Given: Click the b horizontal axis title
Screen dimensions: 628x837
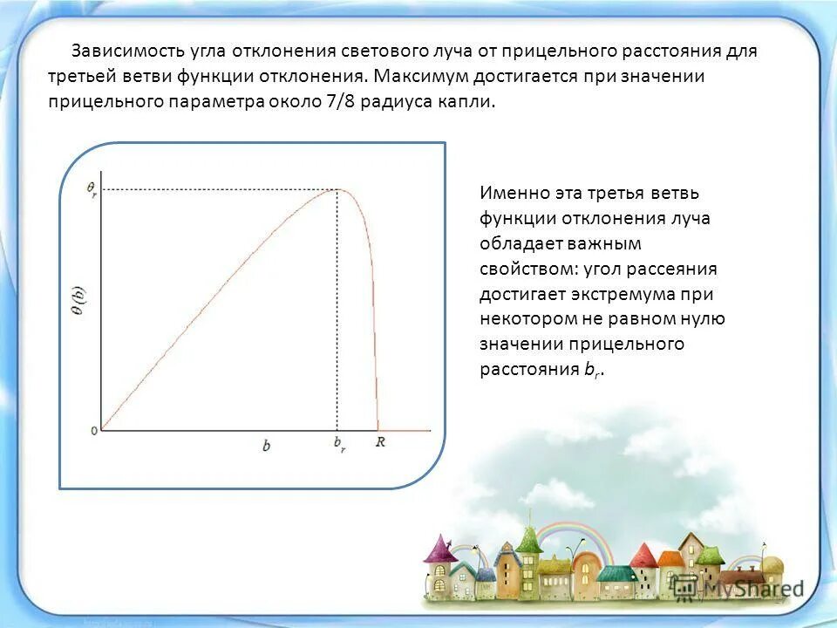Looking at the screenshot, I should click(266, 446).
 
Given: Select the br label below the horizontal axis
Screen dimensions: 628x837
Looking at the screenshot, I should click(339, 445).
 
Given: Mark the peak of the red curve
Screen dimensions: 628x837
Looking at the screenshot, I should click(339, 189).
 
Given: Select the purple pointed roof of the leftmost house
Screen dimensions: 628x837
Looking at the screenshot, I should click(436, 548).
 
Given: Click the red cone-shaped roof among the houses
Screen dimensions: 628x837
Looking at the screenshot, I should click(643, 556).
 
